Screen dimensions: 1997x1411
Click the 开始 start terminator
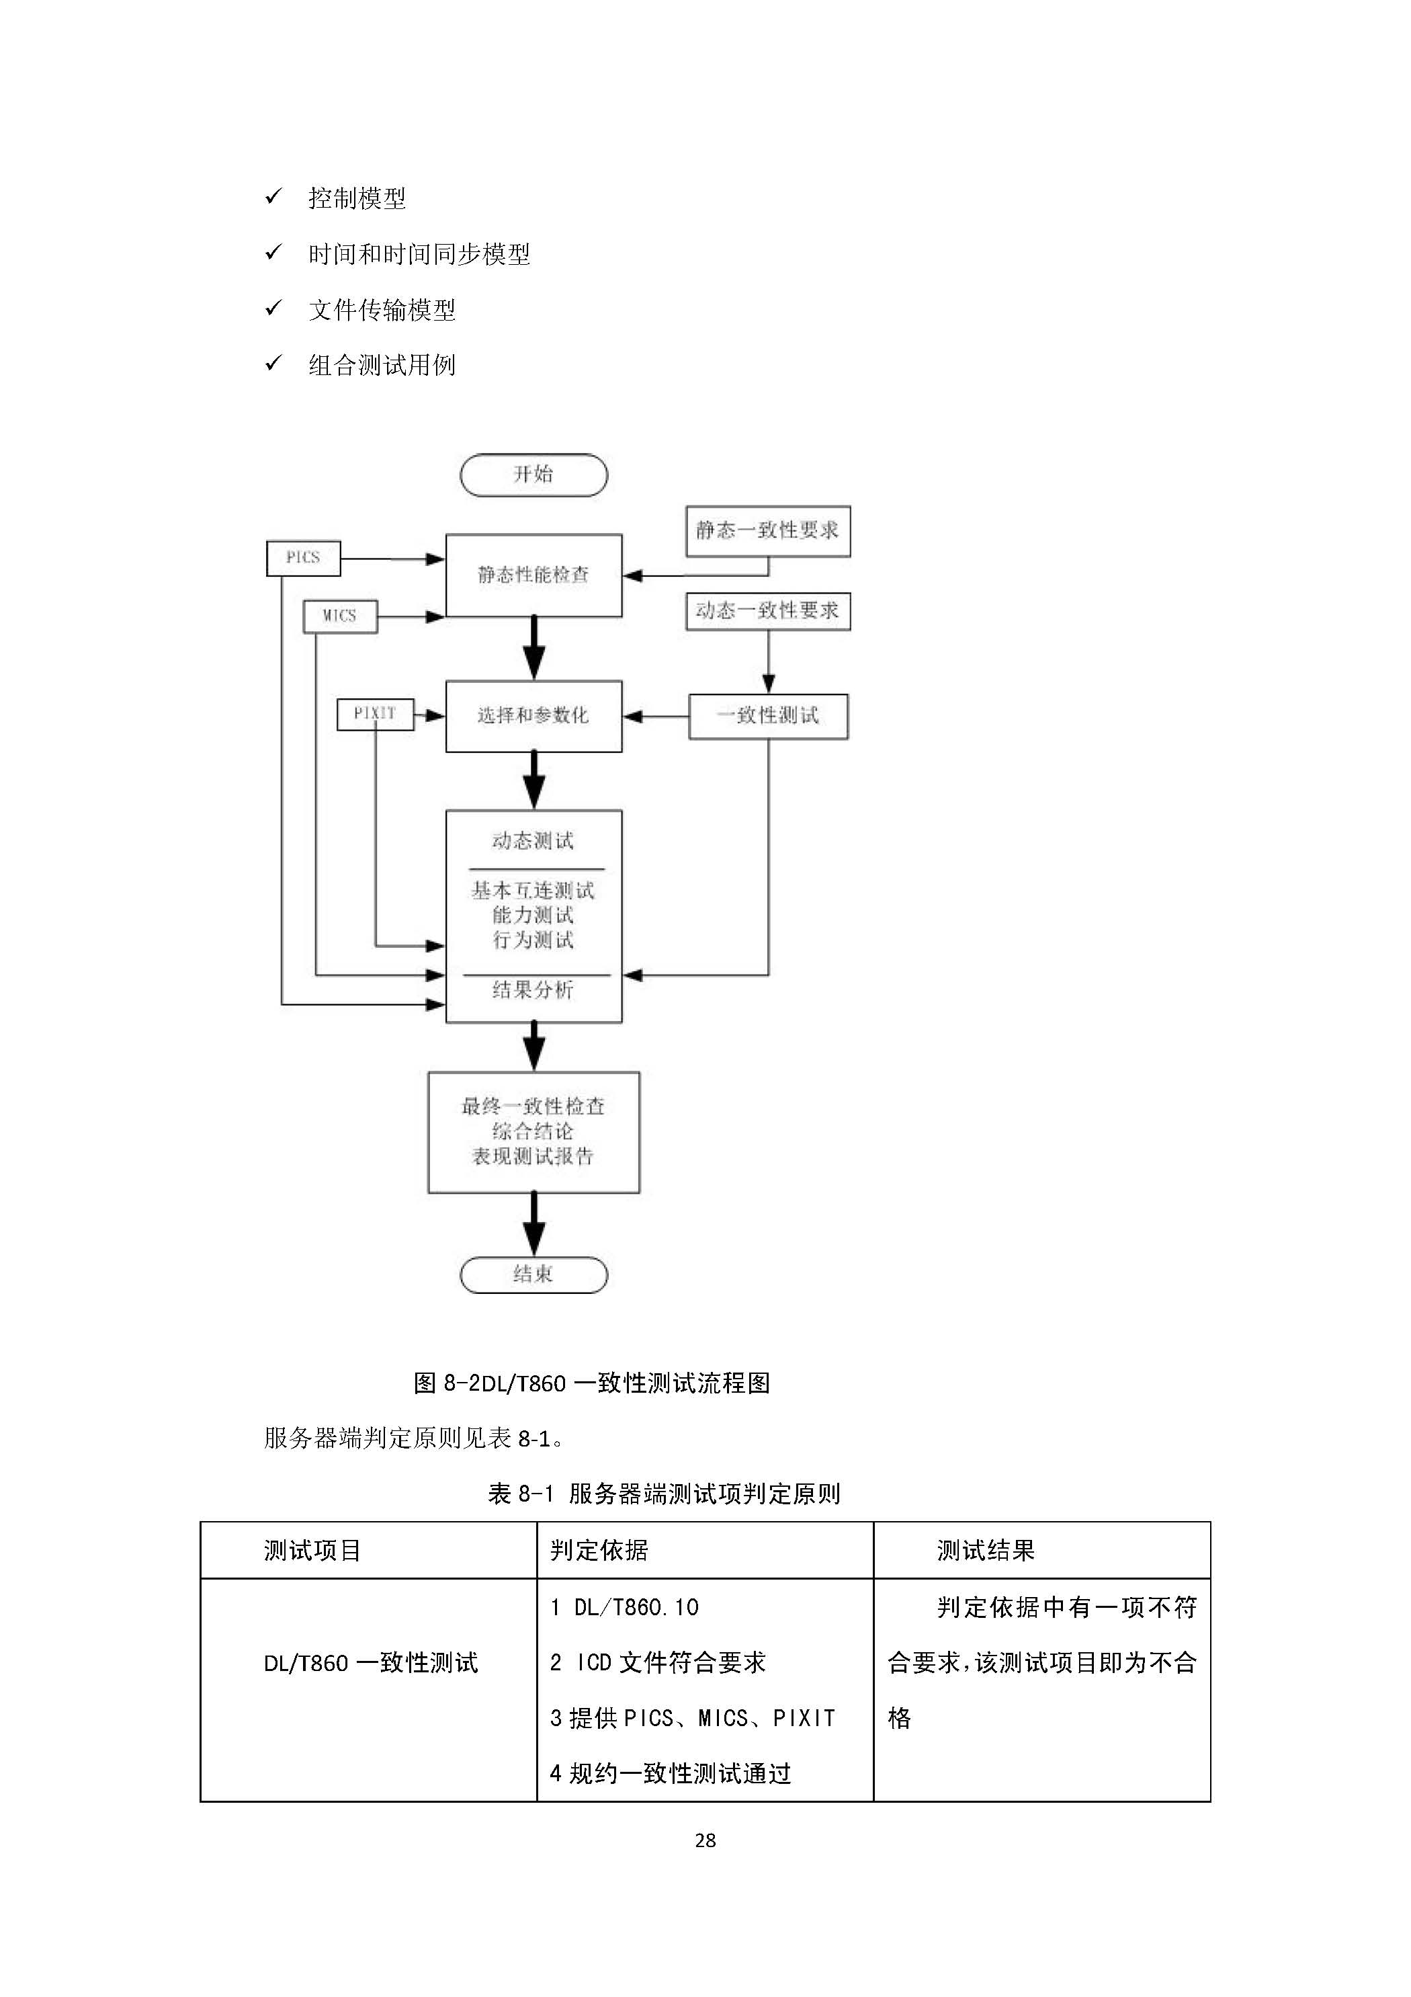[x=533, y=475]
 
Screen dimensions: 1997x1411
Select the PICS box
[x=302, y=557]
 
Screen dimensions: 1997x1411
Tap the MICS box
[x=340, y=616]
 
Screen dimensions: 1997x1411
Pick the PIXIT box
[x=375, y=714]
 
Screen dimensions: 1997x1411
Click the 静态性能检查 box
[x=533, y=575]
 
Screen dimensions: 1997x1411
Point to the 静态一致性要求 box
[x=768, y=530]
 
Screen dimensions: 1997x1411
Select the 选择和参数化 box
[x=533, y=716]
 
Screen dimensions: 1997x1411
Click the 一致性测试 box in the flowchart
[x=768, y=716]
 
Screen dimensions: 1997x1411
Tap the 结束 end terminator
[x=533, y=1274]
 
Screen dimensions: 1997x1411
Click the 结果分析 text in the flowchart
[x=533, y=990]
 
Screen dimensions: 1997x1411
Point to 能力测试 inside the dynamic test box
[x=533, y=915]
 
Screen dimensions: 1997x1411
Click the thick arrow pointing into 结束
[x=533, y=1223]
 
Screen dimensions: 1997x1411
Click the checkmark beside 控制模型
[x=273, y=196]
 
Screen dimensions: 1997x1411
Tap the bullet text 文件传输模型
[x=382, y=310]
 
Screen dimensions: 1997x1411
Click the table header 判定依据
[x=599, y=1550]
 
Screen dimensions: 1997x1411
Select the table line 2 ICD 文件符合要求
[x=657, y=1662]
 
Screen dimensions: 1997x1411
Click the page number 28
[x=705, y=1840]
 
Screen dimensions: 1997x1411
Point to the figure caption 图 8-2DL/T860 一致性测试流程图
[x=591, y=1383]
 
